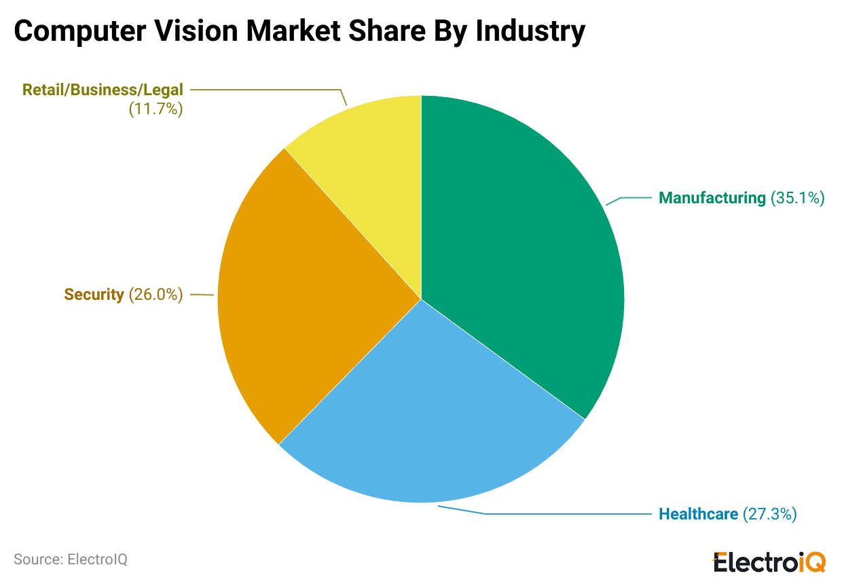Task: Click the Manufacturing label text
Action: [x=712, y=199]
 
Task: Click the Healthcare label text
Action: [x=698, y=514]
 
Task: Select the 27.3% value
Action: [x=769, y=514]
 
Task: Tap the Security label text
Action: [x=94, y=294]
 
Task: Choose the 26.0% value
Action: [x=155, y=294]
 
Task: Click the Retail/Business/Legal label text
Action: [x=103, y=90]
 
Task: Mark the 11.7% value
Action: [x=155, y=109]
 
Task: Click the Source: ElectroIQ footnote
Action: [x=71, y=560]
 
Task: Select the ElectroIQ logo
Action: [x=769, y=562]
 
